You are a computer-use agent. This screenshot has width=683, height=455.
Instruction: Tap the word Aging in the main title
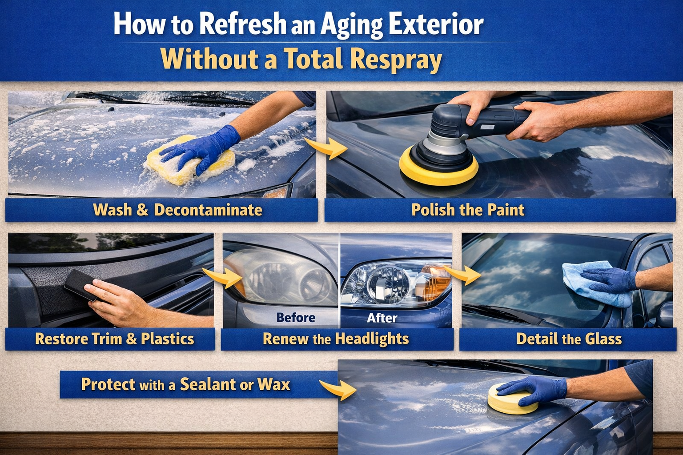(351, 24)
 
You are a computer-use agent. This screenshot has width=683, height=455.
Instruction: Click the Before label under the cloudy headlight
(296, 318)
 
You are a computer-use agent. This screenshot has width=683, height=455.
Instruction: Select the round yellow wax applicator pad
(511, 402)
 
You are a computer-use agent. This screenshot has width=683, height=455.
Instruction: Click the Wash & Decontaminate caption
(177, 210)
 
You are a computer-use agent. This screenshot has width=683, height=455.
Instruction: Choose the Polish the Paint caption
(468, 210)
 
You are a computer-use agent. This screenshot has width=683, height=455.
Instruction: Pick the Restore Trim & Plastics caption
(114, 339)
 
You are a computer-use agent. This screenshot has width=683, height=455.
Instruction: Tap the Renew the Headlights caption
(336, 339)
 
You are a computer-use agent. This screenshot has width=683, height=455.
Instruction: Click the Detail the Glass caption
(569, 339)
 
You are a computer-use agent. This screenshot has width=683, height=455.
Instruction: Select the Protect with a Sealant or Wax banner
(185, 384)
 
